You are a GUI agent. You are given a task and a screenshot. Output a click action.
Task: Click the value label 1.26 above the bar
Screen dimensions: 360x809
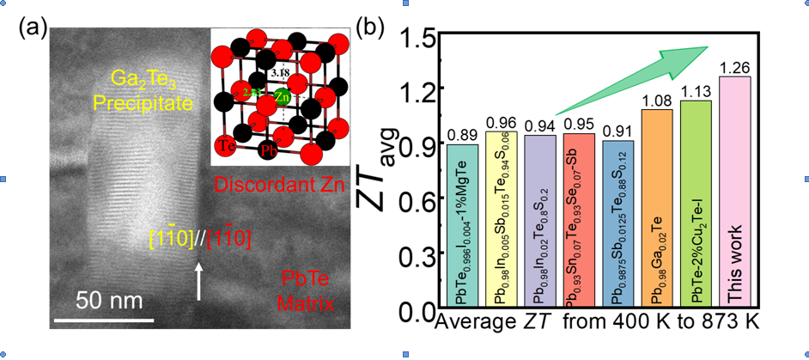tap(735, 67)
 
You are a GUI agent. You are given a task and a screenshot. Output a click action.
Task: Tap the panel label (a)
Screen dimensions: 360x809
tap(33, 27)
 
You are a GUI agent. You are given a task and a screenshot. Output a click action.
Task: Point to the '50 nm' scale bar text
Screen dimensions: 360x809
tap(105, 302)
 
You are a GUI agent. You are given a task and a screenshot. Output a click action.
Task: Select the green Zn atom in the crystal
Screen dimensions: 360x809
tap(282, 97)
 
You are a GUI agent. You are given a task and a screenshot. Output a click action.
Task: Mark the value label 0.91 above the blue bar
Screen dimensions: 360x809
tap(618, 132)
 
